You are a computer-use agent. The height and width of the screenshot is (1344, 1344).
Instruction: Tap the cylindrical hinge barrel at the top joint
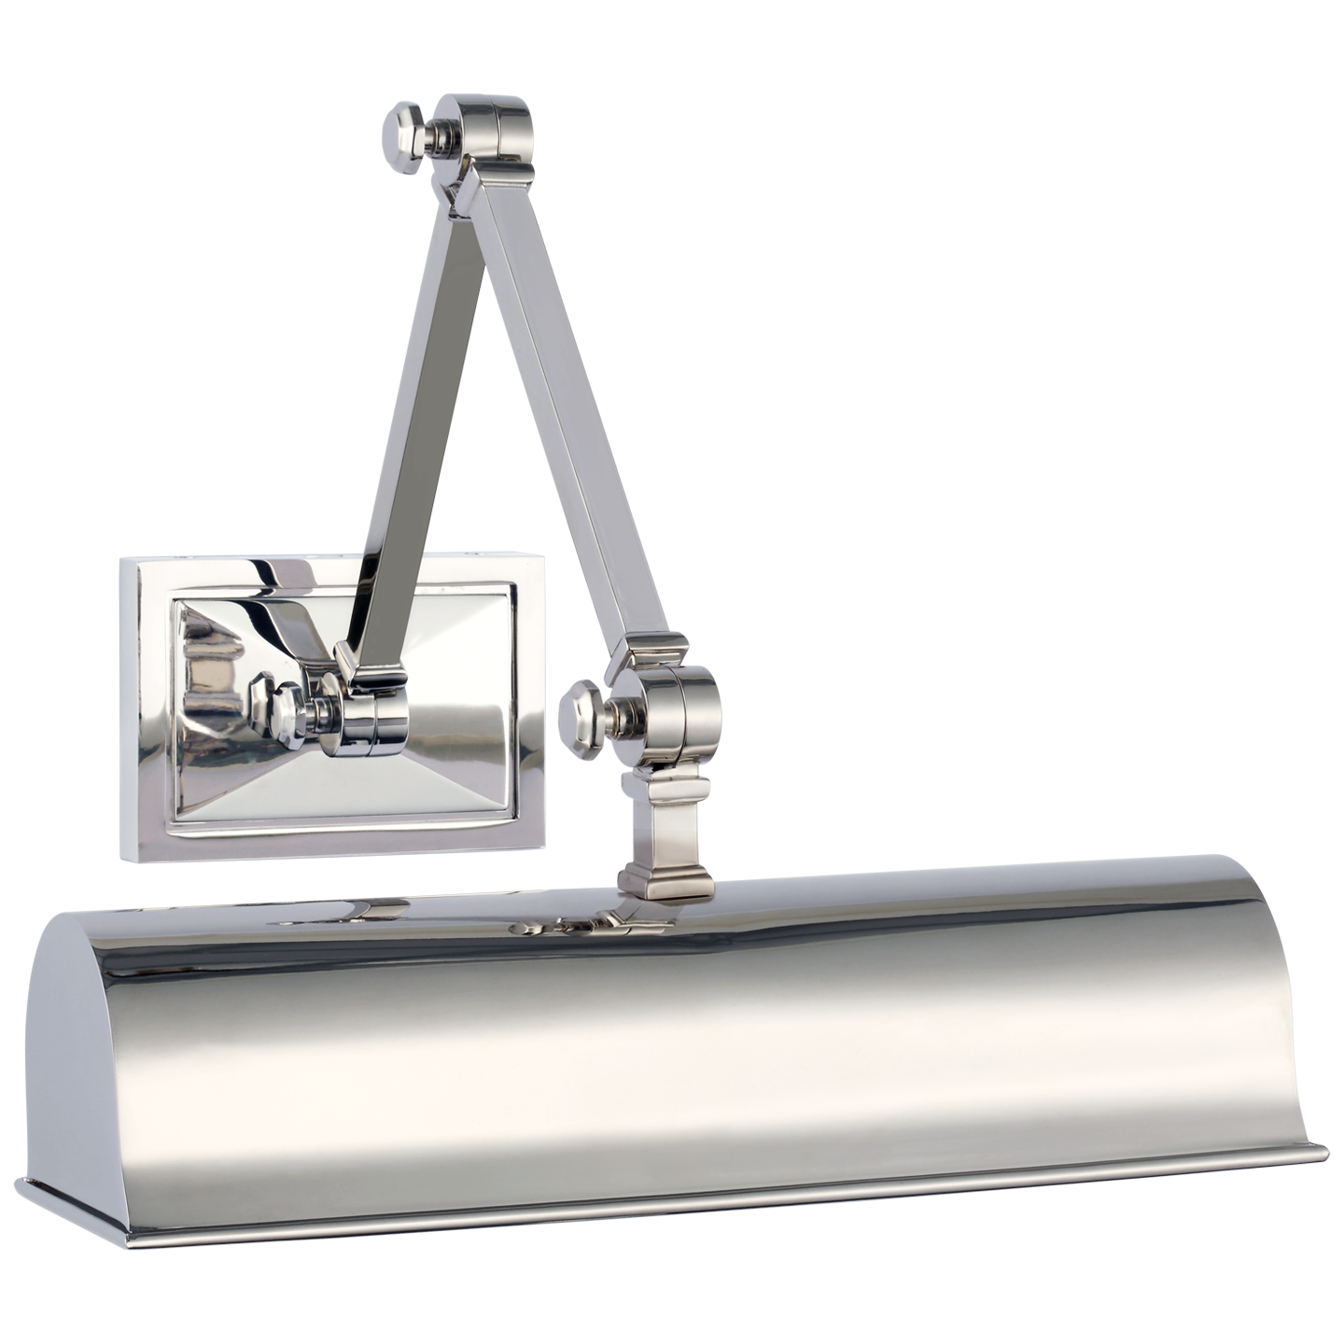pos(500,131)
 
